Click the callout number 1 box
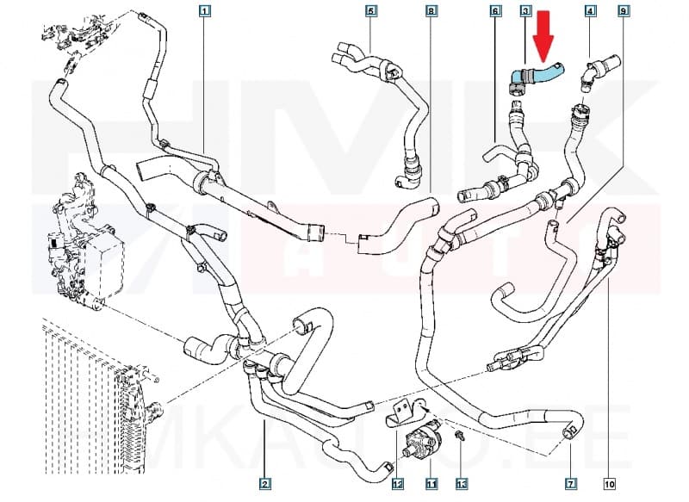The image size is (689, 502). click(204, 11)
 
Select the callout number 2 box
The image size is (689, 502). click(265, 483)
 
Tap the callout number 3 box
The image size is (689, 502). click(525, 11)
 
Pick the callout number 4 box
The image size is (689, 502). click(590, 11)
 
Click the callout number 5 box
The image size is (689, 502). click(371, 11)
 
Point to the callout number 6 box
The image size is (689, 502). click(495, 11)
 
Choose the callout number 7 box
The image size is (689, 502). click(569, 483)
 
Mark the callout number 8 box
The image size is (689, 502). click(431, 11)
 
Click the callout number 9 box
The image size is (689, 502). click(623, 11)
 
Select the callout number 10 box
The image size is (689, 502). click(609, 483)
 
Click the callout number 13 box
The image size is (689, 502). click(461, 483)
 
